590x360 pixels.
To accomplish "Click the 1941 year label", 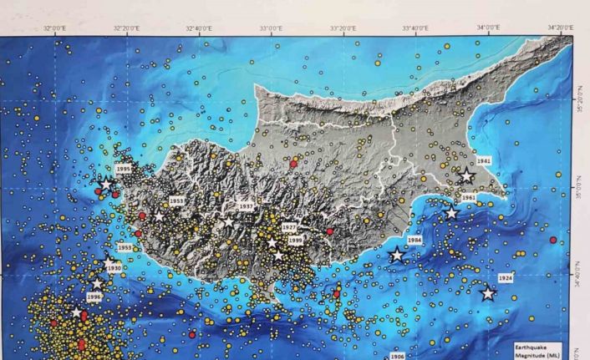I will (483, 160).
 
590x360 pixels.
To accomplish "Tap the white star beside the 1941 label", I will (466, 175).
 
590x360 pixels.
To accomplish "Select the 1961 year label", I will (469, 198).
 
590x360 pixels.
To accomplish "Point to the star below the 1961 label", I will (451, 213).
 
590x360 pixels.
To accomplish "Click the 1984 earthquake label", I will (415, 240).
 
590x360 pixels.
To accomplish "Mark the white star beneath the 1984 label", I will (397, 256).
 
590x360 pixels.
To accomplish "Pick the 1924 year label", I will (505, 277).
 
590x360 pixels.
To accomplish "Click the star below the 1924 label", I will (488, 293).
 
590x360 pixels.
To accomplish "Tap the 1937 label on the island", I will (246, 205).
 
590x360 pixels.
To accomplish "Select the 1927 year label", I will (289, 227).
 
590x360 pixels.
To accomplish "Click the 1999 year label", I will (295, 241).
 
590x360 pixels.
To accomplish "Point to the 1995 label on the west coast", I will (124, 169).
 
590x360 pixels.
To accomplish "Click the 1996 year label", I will (94, 297).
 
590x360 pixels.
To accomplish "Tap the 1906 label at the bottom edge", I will (397, 356).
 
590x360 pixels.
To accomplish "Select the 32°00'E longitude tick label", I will (55, 28).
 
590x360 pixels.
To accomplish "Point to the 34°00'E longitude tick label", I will (489, 28).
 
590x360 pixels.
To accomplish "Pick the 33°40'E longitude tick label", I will (416, 28).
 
